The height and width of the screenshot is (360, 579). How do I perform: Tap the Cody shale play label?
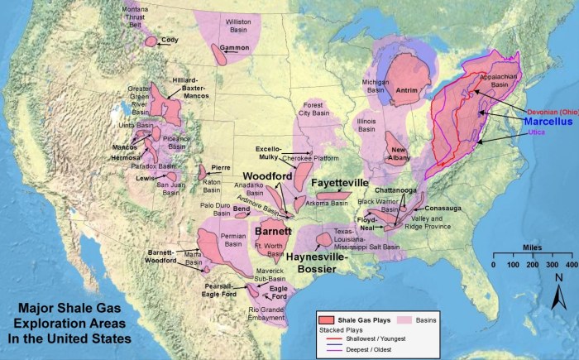click(170, 39)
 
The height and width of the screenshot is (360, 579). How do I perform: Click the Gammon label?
click(235, 48)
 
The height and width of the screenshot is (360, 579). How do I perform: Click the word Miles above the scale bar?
click(533, 246)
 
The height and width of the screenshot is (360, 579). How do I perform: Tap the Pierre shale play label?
click(220, 167)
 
